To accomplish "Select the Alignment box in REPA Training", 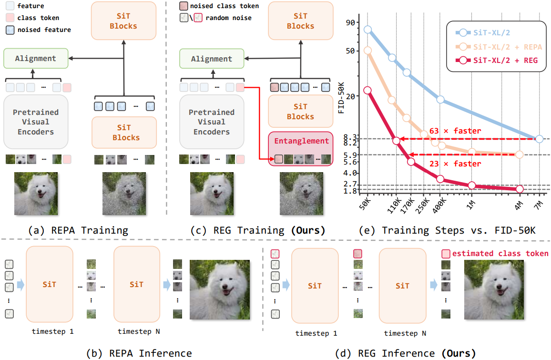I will [36, 59].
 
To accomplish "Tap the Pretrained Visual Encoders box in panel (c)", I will [212, 122].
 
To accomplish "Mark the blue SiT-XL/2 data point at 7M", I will [539, 139].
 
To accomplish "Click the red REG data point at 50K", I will [367, 90].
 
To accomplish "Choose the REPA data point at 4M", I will [520, 154].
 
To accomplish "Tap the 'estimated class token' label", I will [500, 254].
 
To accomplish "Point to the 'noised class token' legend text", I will [224, 6].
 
